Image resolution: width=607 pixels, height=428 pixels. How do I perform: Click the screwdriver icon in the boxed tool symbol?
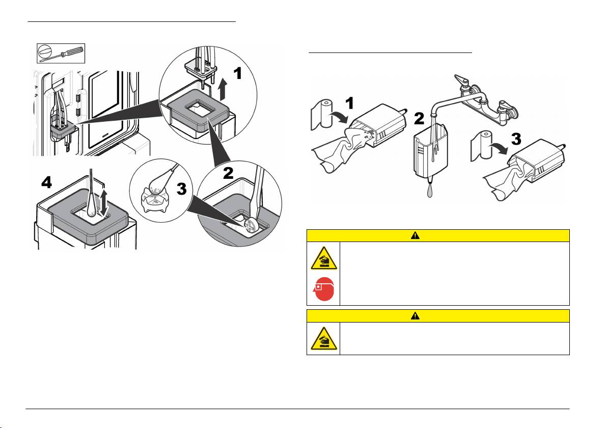(x=61, y=53)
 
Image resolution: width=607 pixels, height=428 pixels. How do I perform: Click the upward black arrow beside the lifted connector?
(x=223, y=89)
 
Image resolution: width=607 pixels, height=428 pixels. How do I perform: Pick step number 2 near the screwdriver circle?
(x=229, y=173)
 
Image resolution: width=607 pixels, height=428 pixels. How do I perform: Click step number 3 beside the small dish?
(x=182, y=189)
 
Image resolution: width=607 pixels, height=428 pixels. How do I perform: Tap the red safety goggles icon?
(x=324, y=289)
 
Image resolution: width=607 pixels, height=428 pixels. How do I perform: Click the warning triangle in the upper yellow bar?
(x=416, y=235)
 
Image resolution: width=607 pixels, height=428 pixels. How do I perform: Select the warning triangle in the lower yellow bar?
(x=416, y=316)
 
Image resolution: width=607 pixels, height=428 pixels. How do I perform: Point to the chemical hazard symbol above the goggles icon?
(x=324, y=258)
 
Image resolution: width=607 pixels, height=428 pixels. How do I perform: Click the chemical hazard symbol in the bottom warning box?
(x=324, y=338)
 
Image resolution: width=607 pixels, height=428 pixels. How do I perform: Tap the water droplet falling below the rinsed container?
(x=430, y=191)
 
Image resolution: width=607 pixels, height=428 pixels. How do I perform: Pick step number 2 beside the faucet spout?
(x=419, y=119)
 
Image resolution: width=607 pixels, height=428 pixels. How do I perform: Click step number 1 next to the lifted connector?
(x=237, y=73)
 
